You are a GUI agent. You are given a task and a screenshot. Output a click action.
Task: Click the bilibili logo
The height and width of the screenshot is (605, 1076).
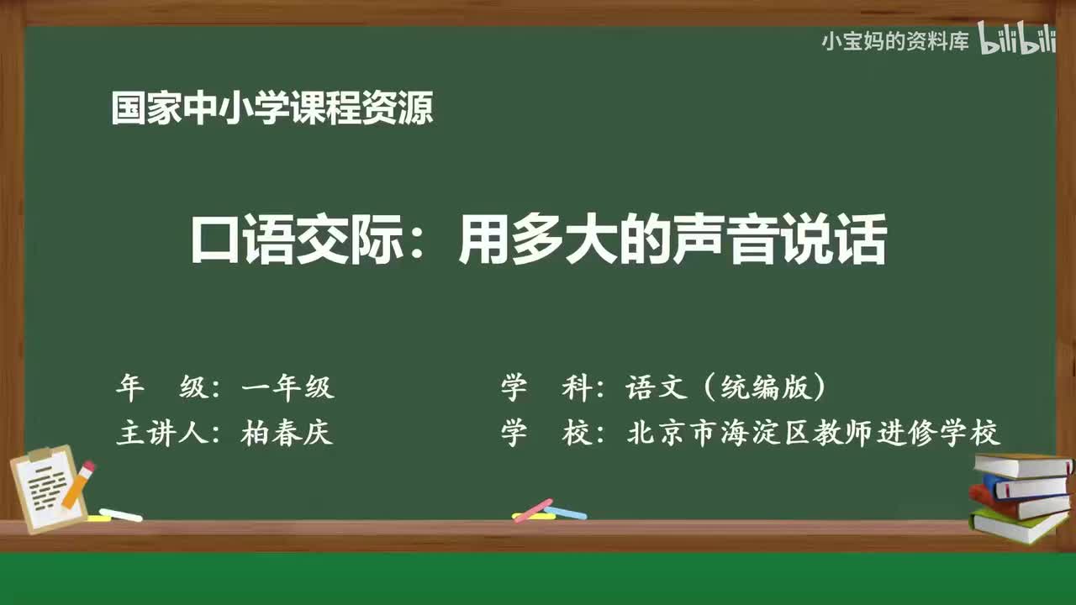pos(1016,38)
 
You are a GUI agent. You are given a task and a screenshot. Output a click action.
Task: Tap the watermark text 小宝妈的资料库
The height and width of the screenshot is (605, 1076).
pos(895,42)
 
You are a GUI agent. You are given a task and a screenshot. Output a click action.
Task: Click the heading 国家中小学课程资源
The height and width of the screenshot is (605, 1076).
pos(272,108)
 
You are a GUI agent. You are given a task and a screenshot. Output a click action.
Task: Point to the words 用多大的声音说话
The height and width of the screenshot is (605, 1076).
pos(673,239)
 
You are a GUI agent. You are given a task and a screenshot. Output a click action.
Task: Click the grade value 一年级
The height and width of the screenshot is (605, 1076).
pos(288,387)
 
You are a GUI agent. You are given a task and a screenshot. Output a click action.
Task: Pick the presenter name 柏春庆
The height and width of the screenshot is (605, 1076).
pos(287,432)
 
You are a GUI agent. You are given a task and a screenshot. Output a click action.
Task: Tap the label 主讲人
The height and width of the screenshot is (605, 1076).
pos(162,432)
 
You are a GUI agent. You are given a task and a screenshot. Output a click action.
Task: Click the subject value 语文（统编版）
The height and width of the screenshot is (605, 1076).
pos(725,387)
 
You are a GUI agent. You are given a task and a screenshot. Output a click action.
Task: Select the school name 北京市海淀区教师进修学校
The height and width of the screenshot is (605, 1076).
pos(814,433)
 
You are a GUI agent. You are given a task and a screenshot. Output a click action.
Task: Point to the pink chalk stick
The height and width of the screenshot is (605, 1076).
pos(533,510)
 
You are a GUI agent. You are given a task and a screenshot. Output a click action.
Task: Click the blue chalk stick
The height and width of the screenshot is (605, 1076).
pos(566,513)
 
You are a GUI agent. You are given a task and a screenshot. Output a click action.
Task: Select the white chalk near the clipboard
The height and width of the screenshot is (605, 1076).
pos(120,515)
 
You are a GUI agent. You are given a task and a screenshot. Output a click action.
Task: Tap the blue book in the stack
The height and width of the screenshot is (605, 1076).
pos(1025,487)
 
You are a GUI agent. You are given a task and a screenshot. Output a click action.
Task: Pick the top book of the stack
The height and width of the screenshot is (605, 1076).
pos(1023,466)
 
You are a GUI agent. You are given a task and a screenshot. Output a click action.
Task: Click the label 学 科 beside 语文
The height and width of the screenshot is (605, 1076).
pos(546,387)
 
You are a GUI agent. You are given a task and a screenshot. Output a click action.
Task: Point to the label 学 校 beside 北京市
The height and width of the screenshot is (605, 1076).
pos(546,433)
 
